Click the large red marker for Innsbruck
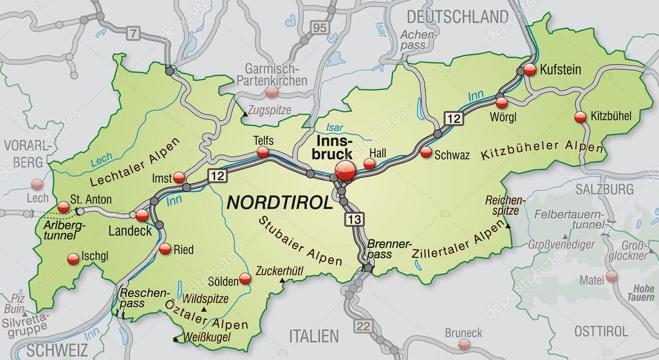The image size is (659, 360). (345, 173)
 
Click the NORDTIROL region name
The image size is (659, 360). (279, 202)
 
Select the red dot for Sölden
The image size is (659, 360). (245, 279)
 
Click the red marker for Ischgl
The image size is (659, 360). (72, 259)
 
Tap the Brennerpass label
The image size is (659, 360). (388, 249)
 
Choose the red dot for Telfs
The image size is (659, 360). (263, 152)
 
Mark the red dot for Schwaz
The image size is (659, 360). (426, 153)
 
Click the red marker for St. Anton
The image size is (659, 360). (62, 207)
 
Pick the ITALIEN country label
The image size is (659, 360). (313, 336)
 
